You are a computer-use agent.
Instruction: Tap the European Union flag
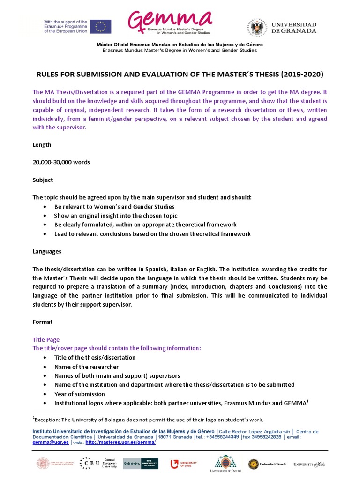[x=100, y=27]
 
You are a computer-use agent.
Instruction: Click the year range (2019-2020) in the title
[x=302, y=74]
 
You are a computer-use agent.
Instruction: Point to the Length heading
[x=42, y=145]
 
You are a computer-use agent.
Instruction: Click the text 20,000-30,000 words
[x=61, y=162]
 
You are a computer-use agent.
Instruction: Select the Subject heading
[x=43, y=180]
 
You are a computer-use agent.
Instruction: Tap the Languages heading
[x=47, y=251]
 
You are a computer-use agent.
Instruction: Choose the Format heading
[x=43, y=322]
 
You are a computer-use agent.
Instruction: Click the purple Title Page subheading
[x=46, y=339]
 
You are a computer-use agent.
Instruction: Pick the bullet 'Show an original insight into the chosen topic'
[x=116, y=216]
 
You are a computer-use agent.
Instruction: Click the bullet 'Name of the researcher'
[x=86, y=367]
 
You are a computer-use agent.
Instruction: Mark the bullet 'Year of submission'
[x=80, y=394]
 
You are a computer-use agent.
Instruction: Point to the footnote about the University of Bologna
[x=148, y=420]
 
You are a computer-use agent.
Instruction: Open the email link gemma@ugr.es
[x=51, y=442]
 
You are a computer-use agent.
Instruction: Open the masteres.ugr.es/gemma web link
[x=120, y=442]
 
